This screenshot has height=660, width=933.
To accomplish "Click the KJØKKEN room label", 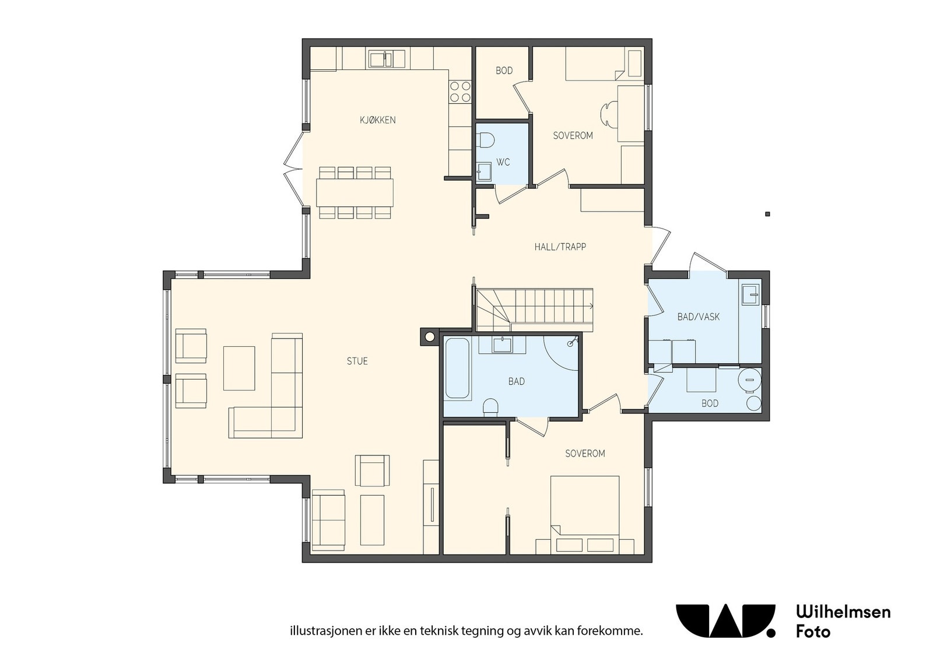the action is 378,120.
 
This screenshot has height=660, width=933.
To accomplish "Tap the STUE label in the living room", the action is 357,361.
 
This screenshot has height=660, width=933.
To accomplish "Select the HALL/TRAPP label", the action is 560,247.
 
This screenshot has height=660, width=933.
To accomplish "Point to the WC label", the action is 503,162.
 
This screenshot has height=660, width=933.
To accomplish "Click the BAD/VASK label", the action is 699,317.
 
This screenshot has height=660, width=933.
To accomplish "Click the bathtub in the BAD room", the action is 458,368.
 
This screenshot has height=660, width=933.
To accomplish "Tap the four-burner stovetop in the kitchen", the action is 460,92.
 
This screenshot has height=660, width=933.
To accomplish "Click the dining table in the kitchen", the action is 355,192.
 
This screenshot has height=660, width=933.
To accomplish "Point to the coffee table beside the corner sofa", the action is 239,368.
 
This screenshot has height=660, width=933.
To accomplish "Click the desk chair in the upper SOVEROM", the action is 608,113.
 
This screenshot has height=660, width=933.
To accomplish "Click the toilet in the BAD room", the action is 491,407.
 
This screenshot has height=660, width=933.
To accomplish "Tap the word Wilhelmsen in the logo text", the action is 843,612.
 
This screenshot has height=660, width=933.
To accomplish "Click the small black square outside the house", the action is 767,214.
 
